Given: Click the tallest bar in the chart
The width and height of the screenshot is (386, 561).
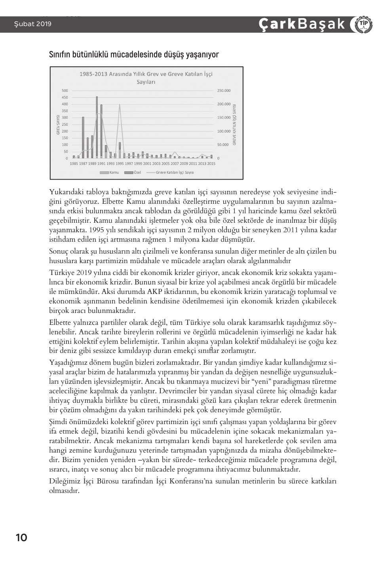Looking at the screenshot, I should [x=97, y=127].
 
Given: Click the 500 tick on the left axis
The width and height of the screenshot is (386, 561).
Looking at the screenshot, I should [x=65, y=91].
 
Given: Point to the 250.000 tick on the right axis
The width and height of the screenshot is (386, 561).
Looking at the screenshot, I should [x=224, y=91].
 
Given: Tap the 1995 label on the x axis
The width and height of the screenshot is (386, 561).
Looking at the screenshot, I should [x=120, y=163].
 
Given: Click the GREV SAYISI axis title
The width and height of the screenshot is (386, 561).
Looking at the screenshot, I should [x=58, y=125].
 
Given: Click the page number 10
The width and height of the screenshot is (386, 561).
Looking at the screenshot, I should [x=21, y=538].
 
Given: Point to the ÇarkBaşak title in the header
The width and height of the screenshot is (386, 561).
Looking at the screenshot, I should [x=302, y=25].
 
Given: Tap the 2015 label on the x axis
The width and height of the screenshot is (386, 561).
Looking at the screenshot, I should [x=211, y=163].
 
